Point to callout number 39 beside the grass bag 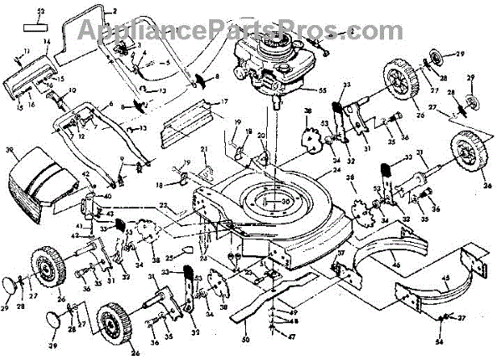[x=11, y=151]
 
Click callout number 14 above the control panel [x=47, y=41]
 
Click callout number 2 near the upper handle [x=115, y=11]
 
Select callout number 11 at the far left [x=26, y=52]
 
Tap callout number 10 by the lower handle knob [x=72, y=90]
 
